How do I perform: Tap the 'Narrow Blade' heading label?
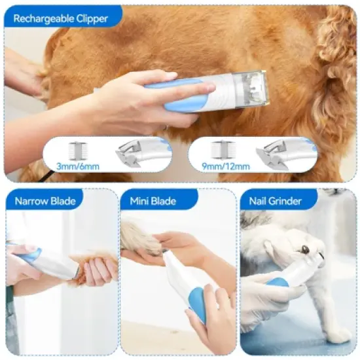(x=45, y=201)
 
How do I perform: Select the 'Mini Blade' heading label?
(x=153, y=201)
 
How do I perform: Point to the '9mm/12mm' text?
(x=228, y=166)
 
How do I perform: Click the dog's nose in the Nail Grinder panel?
(x=305, y=249)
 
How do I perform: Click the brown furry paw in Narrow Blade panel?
(x=98, y=268)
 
